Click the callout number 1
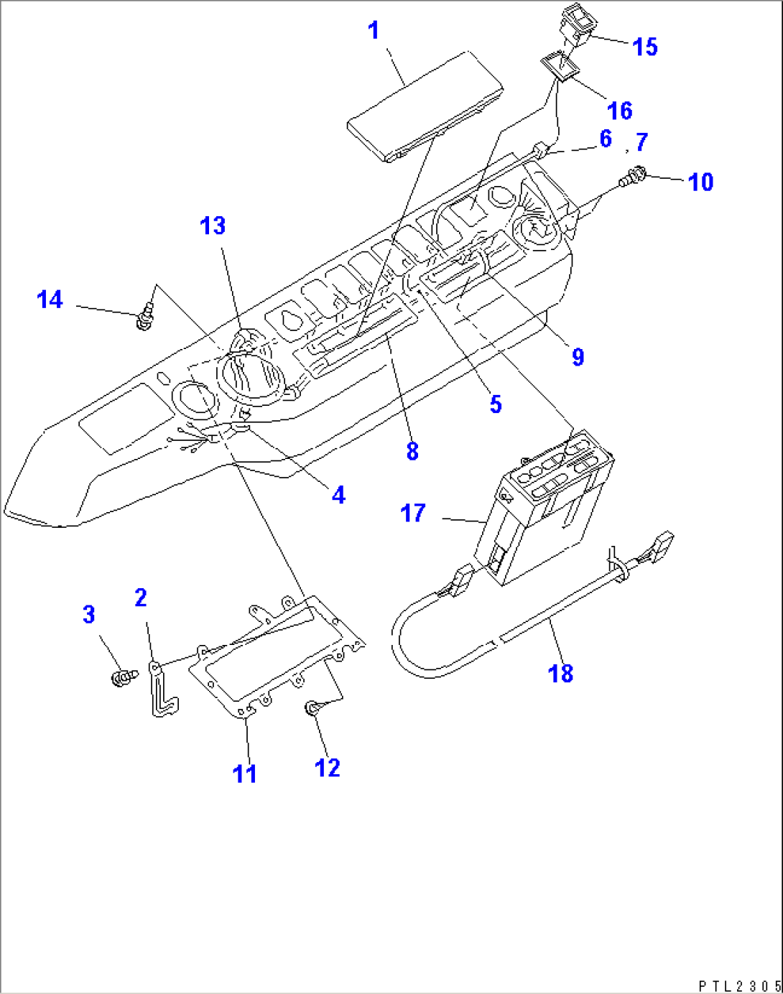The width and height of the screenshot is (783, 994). click(374, 31)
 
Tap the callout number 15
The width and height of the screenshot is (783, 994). click(645, 47)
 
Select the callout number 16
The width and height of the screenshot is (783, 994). click(620, 111)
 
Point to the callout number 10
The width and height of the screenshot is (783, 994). click(700, 182)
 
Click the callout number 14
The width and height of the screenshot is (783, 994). click(50, 299)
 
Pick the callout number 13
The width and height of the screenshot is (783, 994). click(213, 226)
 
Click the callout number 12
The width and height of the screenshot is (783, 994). click(328, 768)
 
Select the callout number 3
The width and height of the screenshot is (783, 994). click(88, 614)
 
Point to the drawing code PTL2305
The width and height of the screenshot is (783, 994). click(738, 985)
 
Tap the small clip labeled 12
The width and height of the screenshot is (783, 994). click(313, 710)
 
